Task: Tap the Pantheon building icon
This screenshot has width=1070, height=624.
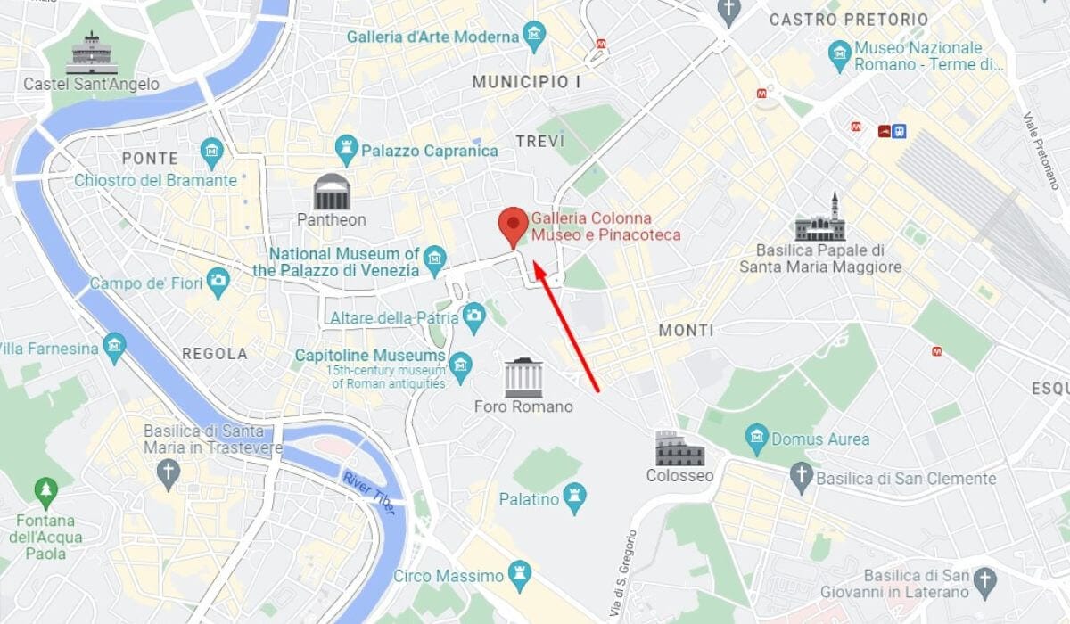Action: tap(331, 192)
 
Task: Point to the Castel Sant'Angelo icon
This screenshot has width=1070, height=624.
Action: tap(92, 53)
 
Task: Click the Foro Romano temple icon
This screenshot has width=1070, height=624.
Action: tap(523, 378)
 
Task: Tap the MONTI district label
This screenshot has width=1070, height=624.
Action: tap(686, 331)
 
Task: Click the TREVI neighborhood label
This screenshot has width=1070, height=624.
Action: tap(540, 142)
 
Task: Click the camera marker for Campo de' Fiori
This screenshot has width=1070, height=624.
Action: tap(217, 283)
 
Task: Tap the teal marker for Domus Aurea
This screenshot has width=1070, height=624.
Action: tap(757, 438)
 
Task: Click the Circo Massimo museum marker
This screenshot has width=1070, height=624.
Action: tap(518, 575)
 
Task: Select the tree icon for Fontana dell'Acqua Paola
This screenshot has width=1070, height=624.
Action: tap(45, 490)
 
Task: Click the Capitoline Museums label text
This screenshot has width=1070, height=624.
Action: tap(370, 356)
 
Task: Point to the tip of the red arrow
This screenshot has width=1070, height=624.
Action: tap(533, 262)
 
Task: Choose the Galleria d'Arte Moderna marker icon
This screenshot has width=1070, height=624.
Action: tap(534, 37)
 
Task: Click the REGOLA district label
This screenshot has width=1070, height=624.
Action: tap(215, 354)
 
